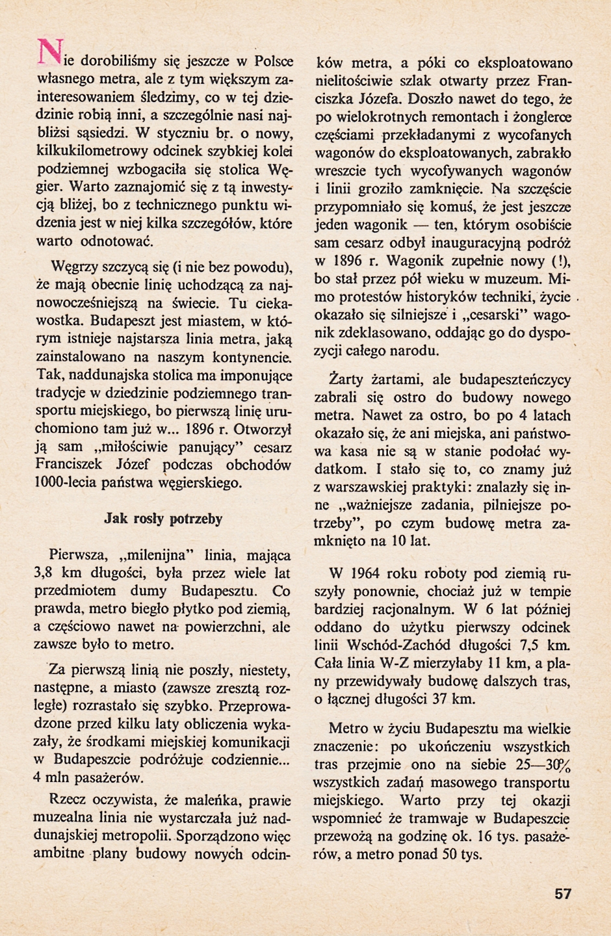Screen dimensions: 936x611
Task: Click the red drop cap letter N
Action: [48, 51]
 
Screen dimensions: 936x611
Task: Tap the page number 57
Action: [563, 893]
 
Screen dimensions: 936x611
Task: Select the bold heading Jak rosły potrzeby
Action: [163, 519]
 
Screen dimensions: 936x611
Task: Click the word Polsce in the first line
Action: [273, 62]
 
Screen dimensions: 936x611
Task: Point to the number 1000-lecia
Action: [66, 483]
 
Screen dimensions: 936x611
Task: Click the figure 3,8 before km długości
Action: [45, 573]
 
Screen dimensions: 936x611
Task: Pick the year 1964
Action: [368, 573]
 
